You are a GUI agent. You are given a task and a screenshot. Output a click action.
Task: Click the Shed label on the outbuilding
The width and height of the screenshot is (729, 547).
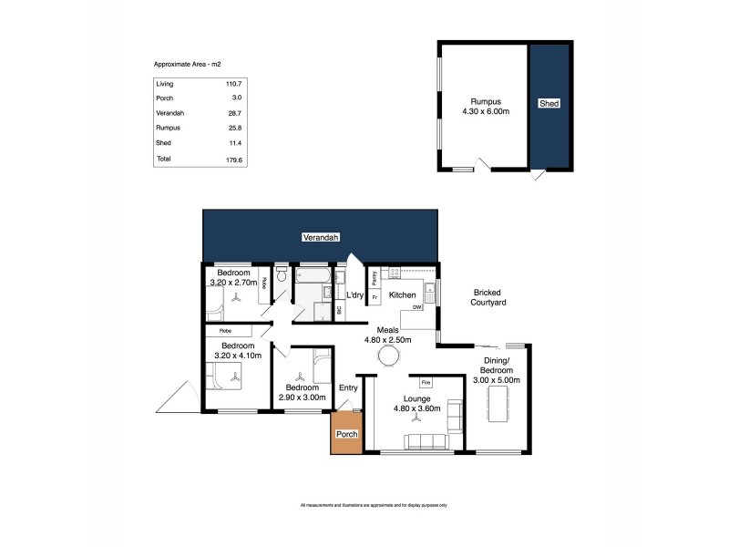[x=549, y=104]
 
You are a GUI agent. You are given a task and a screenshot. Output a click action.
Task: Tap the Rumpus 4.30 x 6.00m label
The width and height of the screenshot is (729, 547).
[x=484, y=106]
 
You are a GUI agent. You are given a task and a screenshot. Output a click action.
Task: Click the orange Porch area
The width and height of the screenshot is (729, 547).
[x=346, y=433]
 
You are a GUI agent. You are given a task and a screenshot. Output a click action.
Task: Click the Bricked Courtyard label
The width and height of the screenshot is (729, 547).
[x=489, y=297]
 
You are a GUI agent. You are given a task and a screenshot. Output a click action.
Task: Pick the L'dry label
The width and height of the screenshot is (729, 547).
[x=355, y=295]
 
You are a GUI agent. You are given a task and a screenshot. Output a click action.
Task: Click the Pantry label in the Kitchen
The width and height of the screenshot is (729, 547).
[x=375, y=278]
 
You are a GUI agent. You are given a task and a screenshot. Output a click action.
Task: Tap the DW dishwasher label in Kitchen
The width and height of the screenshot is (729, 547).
[x=416, y=307]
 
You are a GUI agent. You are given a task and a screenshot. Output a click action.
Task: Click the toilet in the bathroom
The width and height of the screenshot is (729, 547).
[x=282, y=273]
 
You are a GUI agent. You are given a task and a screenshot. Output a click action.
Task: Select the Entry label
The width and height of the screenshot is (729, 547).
[x=348, y=387]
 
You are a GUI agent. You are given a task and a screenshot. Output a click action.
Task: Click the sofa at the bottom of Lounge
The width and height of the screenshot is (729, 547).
[x=426, y=442]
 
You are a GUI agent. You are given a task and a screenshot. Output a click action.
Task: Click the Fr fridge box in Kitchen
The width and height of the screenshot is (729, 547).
[x=375, y=297]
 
